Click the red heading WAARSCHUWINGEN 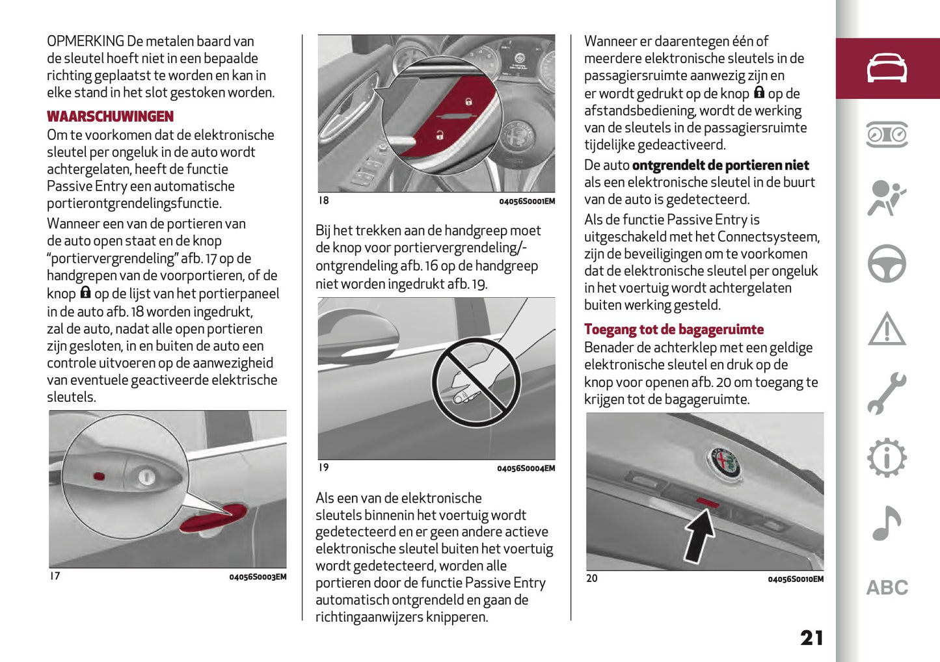(110, 117)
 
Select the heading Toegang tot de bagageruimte (673, 330)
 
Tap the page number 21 (811, 638)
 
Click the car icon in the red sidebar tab (887, 68)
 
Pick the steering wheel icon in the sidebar (887, 263)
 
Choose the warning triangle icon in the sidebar (887, 328)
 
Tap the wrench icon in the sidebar (887, 393)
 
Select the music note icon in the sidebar (887, 523)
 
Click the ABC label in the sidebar (887, 588)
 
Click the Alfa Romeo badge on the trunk (725, 463)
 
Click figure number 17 (55, 576)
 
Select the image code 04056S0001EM (527, 202)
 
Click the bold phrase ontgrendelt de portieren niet (720, 166)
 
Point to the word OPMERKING (85, 42)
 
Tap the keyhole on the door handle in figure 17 (146, 477)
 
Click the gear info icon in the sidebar (887, 458)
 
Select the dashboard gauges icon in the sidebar (887, 134)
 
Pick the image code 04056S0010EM (795, 579)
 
